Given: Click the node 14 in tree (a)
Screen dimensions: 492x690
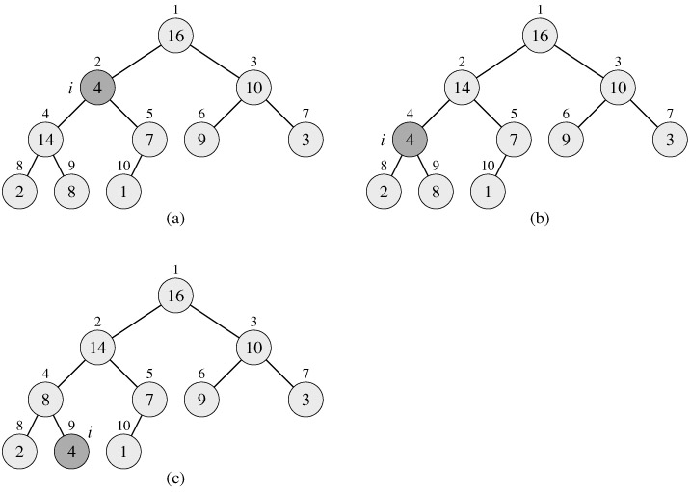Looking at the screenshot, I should [x=44, y=141].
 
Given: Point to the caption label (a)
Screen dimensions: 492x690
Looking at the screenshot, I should [x=174, y=219].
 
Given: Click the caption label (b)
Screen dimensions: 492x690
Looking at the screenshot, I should [x=541, y=219].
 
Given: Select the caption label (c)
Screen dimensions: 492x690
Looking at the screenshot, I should [x=174, y=476].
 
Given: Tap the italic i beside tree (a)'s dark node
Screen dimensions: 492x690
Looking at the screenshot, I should [x=70, y=89].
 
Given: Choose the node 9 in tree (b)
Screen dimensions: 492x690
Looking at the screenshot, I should [x=568, y=141].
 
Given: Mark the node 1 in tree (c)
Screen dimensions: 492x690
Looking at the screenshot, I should [x=123, y=449].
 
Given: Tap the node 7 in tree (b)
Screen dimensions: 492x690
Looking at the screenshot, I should [x=516, y=141].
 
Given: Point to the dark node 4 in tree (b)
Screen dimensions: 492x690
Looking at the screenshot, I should [x=411, y=141].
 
